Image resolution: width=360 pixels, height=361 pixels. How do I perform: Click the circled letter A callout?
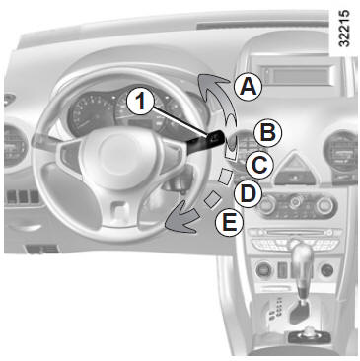point(249,86)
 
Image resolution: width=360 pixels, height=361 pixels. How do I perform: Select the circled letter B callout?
point(268,132)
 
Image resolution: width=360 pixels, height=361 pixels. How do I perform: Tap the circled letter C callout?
point(259,165)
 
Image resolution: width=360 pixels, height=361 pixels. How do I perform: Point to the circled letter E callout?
point(230,223)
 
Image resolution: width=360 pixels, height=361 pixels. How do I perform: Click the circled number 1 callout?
point(141,101)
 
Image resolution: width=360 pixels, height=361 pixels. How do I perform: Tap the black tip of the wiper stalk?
point(215,138)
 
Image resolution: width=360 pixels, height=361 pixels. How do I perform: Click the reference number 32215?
point(344,29)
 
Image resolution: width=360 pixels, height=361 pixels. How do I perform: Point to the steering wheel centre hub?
point(118,155)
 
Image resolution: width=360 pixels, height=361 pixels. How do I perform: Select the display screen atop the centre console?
point(298,75)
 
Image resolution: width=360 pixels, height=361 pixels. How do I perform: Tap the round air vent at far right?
point(341,151)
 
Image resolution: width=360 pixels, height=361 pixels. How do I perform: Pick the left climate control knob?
point(267,204)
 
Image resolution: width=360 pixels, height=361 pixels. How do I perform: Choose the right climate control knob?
point(325,206)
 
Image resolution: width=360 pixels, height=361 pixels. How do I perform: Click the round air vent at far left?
point(14,145)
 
